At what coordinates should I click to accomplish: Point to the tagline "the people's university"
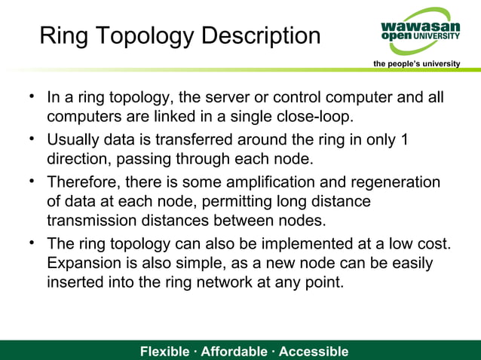click(417, 63)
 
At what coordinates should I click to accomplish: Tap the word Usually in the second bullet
click(74, 140)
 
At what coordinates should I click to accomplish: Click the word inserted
click(73, 282)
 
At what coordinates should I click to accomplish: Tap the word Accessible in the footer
click(314, 352)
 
